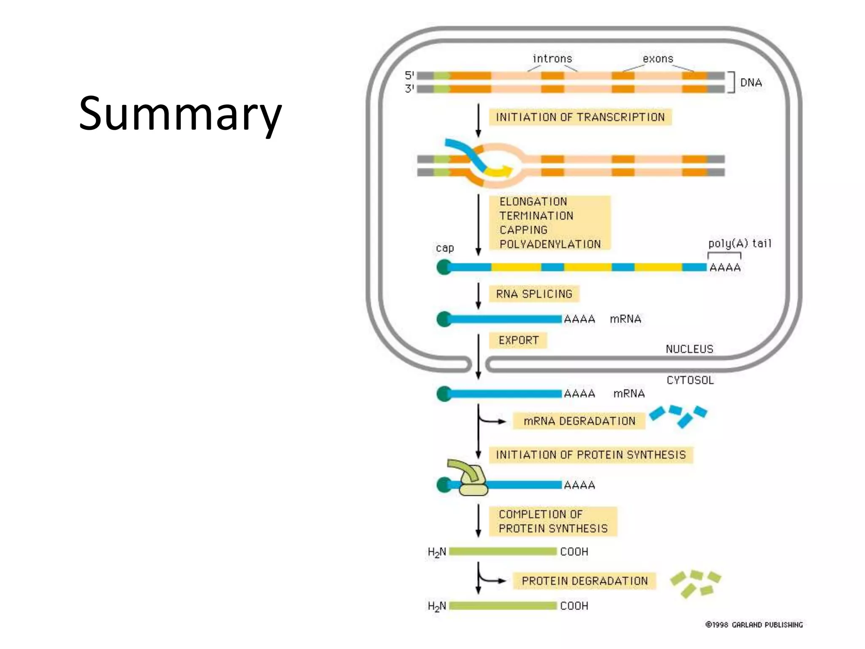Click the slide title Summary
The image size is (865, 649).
[180, 113]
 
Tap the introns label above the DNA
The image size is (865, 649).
[552, 59]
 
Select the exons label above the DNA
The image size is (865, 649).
[658, 59]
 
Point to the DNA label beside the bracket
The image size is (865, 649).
[751, 82]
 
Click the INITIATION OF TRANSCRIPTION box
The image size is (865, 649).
[580, 117]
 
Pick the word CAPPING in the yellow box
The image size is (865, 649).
[523, 230]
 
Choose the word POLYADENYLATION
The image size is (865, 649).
[550, 244]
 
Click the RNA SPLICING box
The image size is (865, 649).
[534, 294]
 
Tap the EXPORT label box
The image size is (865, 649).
[518, 340]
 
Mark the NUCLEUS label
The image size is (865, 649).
[689, 349]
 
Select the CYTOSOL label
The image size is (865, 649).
[690, 380]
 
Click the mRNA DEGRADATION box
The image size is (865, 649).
[579, 421]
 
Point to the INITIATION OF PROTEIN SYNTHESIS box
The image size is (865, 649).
[590, 455]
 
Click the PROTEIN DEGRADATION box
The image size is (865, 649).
[585, 581]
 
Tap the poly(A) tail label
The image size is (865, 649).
[740, 243]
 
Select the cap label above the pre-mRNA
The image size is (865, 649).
[445, 248]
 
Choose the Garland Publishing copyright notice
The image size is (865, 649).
[754, 624]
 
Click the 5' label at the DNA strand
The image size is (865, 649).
[409, 75]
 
